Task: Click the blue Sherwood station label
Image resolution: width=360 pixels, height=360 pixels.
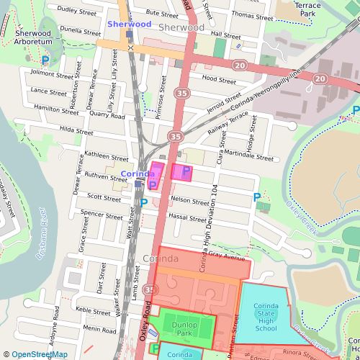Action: pos(129,24)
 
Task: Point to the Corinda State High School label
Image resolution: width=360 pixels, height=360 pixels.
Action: pos(266,318)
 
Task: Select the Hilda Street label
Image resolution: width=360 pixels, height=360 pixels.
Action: pos(76,132)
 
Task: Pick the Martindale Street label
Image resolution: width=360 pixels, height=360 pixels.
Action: pos(248,156)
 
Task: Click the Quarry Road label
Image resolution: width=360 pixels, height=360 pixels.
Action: pos(107,115)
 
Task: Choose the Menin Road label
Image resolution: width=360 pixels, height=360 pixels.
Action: pos(99,328)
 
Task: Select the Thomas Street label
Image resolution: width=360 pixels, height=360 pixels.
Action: pos(253,16)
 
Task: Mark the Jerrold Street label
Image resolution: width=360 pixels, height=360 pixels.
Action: pos(223,102)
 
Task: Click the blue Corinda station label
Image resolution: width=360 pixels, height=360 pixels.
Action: pos(137,174)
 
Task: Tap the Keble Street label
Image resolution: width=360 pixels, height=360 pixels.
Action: pos(93,310)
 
